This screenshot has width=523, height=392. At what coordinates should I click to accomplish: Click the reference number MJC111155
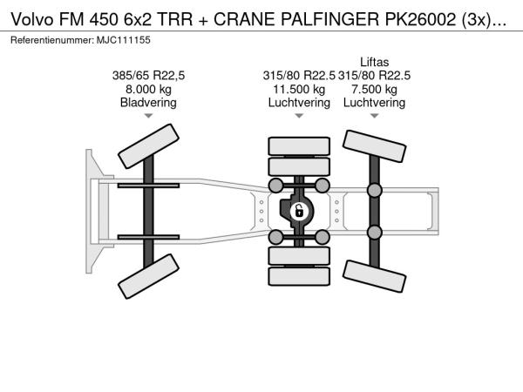pos(124,40)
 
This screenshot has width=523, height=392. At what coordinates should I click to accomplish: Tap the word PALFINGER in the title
pos(329,20)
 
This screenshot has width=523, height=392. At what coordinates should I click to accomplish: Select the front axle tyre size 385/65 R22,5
pos(148,76)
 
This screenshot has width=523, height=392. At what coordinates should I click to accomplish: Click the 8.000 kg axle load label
pos(148,90)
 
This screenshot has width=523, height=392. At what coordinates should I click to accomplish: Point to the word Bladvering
pos(148,103)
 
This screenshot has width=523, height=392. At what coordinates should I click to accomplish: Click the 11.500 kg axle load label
pos(299,90)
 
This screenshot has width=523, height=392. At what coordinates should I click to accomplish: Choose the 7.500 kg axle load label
pos(374,90)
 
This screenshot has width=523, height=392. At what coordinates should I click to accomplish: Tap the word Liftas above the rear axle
pos(374,63)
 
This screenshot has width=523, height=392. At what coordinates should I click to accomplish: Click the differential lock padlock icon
pos(298,212)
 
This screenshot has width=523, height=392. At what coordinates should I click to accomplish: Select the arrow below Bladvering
pos(148,116)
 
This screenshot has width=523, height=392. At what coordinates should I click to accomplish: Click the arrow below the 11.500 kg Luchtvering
pos(299,116)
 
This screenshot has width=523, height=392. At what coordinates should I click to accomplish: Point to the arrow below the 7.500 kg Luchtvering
pos(374,116)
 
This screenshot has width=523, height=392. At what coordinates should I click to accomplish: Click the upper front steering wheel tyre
pos(148,146)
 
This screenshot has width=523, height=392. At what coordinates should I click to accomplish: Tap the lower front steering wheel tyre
pos(148,276)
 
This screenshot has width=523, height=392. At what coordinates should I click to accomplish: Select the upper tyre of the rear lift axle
pos(374,146)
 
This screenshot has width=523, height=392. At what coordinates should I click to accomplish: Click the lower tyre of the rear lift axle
pos(374,276)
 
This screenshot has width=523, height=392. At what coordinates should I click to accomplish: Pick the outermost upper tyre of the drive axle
pos(299,146)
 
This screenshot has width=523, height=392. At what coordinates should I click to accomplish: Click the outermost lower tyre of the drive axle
pos(299,276)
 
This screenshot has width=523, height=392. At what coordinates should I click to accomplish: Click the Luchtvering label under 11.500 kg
pos(299,103)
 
